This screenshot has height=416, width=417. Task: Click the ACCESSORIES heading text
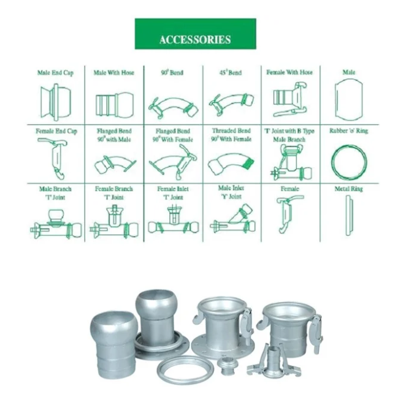coord(195,39)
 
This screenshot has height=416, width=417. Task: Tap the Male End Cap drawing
coord(56,102)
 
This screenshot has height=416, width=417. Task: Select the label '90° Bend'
coord(172,72)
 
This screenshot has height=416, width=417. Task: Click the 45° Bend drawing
coord(231,104)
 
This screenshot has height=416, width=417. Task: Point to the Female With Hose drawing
coord(290,99)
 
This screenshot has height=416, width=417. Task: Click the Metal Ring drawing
coord(349,216)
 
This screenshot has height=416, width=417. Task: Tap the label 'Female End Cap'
coord(56,131)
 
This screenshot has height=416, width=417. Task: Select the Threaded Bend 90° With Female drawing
coord(231,163)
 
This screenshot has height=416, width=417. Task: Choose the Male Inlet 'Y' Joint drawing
coord(232,219)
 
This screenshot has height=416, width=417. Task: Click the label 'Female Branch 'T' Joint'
coord(114,193)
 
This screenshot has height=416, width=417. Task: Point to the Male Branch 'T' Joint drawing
coord(56,224)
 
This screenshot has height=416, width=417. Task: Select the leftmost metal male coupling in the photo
coord(114,346)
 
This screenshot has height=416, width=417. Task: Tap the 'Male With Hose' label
coord(114,72)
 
